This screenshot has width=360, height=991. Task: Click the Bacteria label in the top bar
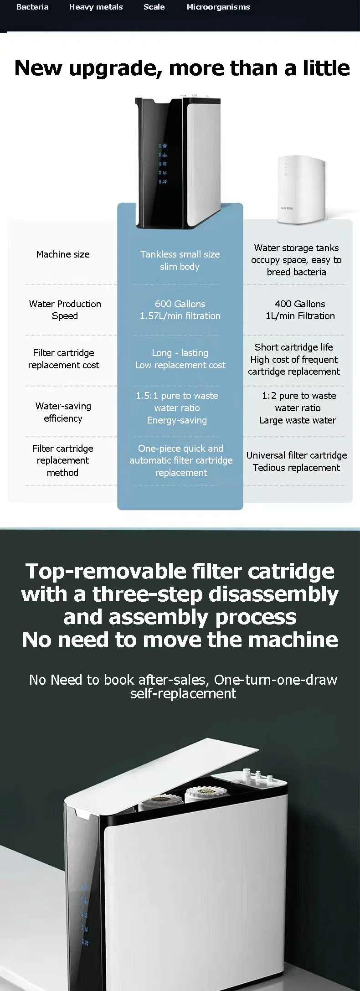(32, 7)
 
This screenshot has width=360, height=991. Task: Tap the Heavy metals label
(96, 7)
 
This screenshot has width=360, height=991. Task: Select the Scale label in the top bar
(154, 7)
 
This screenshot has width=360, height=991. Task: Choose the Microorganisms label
(218, 7)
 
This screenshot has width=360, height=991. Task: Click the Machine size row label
(63, 254)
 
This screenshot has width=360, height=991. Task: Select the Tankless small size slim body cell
(180, 260)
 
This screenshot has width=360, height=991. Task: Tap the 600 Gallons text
(180, 304)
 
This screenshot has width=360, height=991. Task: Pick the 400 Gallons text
(300, 304)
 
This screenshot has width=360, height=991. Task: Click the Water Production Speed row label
(65, 310)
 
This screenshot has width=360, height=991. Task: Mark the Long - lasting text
(180, 353)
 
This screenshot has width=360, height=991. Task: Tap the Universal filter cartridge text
(297, 455)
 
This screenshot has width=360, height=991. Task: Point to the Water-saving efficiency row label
(63, 412)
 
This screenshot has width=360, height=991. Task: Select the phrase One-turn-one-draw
(275, 680)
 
